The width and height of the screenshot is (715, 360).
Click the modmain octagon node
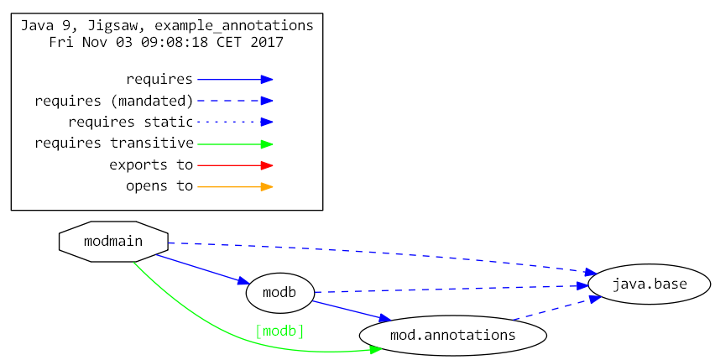point(113,242)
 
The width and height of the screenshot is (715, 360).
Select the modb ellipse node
point(279,293)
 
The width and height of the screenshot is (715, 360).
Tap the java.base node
point(649,284)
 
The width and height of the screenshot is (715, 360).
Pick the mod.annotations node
point(452,335)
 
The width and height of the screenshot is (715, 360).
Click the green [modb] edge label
point(279,331)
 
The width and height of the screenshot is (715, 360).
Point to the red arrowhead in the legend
point(266,165)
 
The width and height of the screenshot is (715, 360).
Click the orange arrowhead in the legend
point(266,186)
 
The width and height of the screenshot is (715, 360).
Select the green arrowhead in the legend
point(266,143)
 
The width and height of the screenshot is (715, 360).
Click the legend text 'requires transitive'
point(114,143)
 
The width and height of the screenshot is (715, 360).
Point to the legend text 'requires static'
point(130,123)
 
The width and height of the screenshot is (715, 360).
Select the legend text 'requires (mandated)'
point(114,101)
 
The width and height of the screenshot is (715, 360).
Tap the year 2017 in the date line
point(267,42)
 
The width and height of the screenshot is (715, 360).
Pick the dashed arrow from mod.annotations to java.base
point(550,308)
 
